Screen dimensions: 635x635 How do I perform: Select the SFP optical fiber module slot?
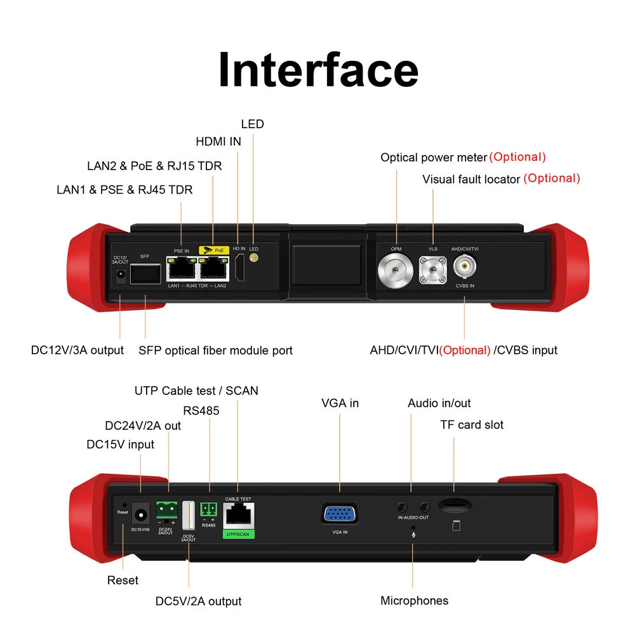point(145,275)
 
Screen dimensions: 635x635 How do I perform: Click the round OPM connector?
point(396,271)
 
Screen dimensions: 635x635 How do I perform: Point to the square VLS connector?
point(433,271)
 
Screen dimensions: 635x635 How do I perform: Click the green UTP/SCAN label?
point(238,535)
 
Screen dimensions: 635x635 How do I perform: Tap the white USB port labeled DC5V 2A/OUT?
point(189,515)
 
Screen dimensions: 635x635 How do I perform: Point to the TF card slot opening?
point(455,507)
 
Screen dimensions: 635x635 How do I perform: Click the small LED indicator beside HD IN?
point(253,258)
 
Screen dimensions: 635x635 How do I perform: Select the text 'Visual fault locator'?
point(471,180)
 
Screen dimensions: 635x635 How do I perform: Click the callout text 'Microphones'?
point(414,601)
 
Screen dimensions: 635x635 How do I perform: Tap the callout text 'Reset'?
point(123,580)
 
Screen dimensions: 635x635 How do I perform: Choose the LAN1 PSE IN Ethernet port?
point(182,271)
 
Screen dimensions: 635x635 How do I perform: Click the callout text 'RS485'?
point(201,411)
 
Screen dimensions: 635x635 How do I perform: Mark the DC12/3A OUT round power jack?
point(119,275)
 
